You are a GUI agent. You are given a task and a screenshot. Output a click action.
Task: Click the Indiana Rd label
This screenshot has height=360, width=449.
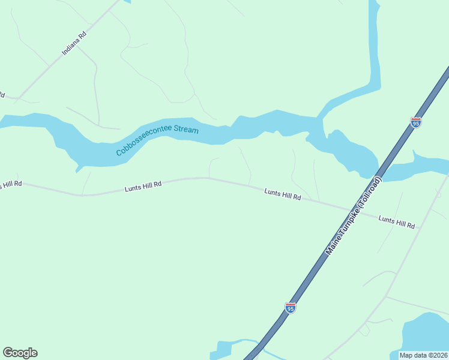pyautogui.click(x=74, y=44)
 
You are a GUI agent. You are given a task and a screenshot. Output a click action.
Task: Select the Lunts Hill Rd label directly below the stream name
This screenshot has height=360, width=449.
pyautogui.click(x=143, y=187)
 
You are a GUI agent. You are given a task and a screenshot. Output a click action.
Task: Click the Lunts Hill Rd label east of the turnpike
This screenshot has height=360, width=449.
pyautogui.click(x=396, y=222)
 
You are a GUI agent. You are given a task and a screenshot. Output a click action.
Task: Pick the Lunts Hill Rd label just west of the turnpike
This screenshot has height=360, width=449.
pyautogui.click(x=282, y=194)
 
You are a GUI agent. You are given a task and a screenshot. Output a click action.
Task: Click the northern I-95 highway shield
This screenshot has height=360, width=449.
pyautogui.click(x=416, y=122)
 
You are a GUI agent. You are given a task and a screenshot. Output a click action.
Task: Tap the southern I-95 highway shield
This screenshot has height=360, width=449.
pyautogui.click(x=291, y=308)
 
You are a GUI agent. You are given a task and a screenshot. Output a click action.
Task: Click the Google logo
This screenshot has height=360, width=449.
pyautogui.click(x=20, y=353)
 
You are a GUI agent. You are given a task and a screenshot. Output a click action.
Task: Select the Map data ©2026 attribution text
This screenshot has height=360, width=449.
pyautogui.click(x=423, y=355)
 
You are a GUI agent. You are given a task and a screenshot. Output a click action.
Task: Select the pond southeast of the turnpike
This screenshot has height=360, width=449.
pyautogui.click(x=426, y=336)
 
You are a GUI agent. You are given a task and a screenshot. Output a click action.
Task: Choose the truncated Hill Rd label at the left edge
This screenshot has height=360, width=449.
pyautogui.click(x=10, y=184)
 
